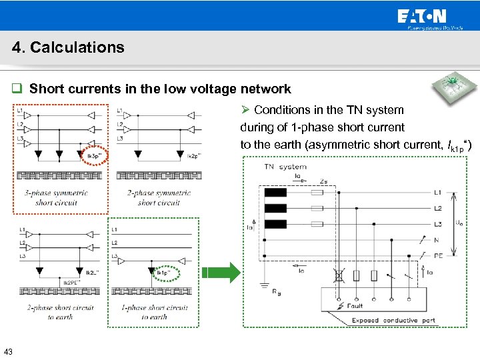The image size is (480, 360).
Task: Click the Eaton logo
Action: coord(423,16)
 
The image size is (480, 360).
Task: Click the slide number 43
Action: coord(8,351)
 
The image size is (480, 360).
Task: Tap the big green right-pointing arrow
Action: coord(220,273)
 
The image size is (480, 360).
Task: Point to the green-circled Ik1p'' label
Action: coord(162,273)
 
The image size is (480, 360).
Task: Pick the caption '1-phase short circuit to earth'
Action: coord(154,312)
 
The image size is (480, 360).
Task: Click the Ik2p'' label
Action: coord(193,156)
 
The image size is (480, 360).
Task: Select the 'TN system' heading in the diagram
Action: coord(285,167)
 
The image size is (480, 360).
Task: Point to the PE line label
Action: coord(437,254)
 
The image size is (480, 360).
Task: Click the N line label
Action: coord(437,239)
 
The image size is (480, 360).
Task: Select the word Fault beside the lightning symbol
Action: coord(355,306)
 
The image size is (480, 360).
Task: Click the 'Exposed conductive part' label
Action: coord(393,320)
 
